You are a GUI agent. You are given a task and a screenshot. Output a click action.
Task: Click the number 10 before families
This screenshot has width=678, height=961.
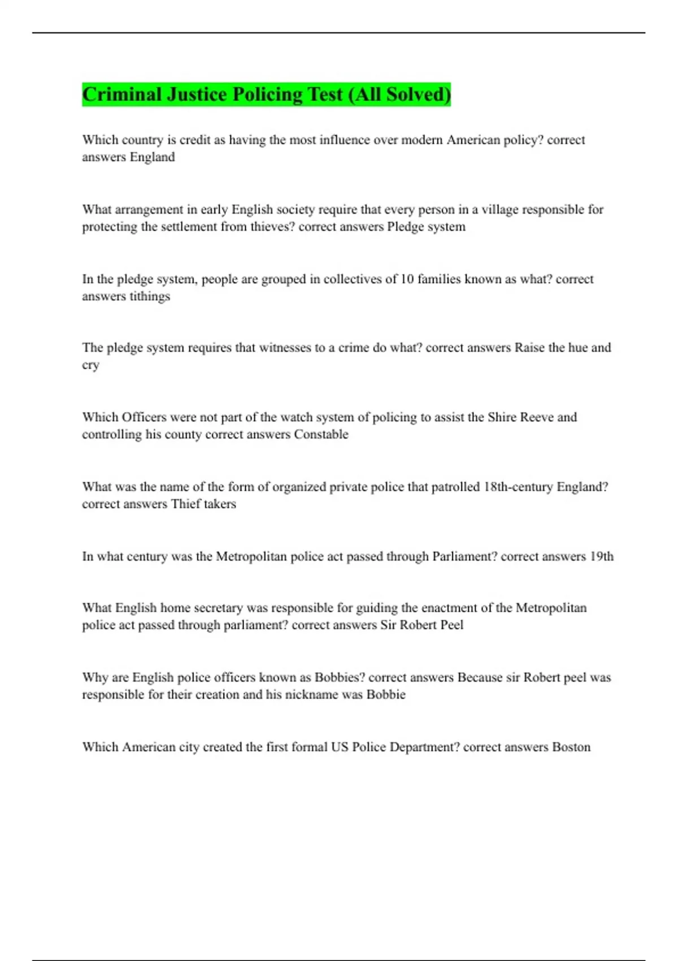(x=407, y=279)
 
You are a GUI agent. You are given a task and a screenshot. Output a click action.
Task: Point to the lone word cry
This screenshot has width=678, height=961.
(x=90, y=365)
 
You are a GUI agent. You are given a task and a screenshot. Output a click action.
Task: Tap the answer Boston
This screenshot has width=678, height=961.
(x=571, y=747)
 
